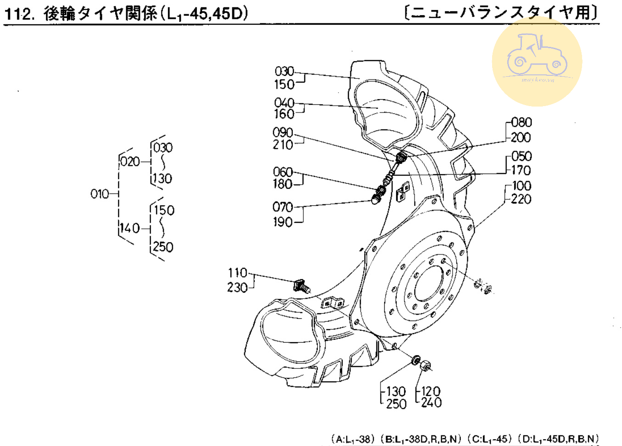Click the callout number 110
click(x=237, y=273)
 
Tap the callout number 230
click(x=237, y=288)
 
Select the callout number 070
click(x=283, y=207)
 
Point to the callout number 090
click(x=283, y=132)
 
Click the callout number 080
click(x=521, y=122)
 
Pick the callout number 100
click(x=521, y=186)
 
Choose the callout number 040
click(x=284, y=102)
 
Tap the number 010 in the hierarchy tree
click(x=100, y=194)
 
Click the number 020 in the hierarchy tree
click(x=130, y=162)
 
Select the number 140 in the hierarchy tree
click(x=130, y=228)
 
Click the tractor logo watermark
click(x=537, y=61)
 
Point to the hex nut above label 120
click(x=426, y=366)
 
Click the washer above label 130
click(x=416, y=360)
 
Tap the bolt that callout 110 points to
click(x=301, y=285)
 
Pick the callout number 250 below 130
click(x=396, y=404)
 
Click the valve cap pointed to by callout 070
click(x=376, y=199)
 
